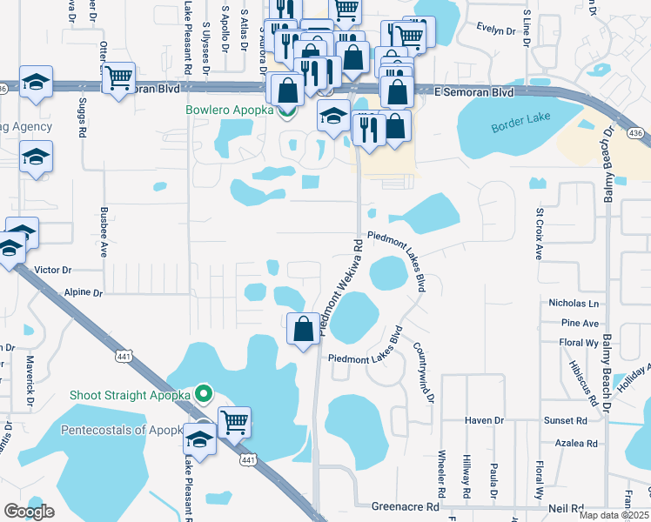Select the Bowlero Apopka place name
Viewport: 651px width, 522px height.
[x=229, y=110]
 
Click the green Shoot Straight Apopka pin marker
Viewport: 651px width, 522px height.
[x=204, y=394]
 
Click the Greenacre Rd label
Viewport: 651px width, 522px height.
[x=406, y=506]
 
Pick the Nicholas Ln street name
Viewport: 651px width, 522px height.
[x=574, y=304]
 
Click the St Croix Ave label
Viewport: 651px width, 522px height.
[x=540, y=234]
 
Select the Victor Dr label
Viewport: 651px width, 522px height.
[x=53, y=271]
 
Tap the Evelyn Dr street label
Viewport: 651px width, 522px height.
[x=497, y=27]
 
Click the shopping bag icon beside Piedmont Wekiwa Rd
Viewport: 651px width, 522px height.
[x=303, y=330]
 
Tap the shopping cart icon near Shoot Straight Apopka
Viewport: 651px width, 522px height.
[x=234, y=422]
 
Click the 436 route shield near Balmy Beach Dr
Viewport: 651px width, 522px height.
[x=636, y=132]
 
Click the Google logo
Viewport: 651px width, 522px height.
[x=29, y=512]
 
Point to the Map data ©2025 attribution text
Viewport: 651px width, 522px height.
[x=614, y=515]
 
